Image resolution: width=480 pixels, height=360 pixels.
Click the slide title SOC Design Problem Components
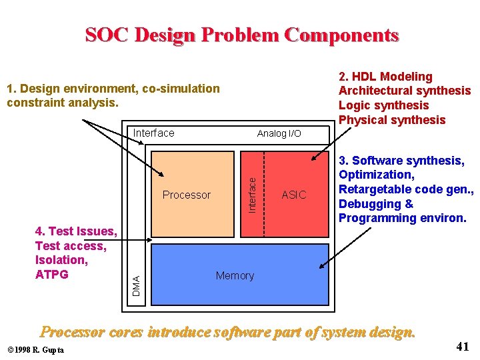(x=241, y=35)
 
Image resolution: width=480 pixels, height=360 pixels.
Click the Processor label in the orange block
(x=186, y=195)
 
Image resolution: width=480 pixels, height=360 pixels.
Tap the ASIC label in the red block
(x=294, y=195)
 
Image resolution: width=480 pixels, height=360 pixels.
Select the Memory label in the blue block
(x=235, y=275)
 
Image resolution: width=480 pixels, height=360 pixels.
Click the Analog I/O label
(x=279, y=133)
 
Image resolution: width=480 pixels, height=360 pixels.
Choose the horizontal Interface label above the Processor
(x=153, y=133)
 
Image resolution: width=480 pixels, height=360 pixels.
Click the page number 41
(x=463, y=346)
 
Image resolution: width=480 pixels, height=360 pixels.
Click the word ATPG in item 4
(x=52, y=274)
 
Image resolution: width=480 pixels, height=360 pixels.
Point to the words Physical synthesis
(x=391, y=120)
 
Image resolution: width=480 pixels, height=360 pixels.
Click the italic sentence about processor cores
(x=228, y=331)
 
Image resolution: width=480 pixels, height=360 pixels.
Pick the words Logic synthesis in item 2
(x=383, y=105)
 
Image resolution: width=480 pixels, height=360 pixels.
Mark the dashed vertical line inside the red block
(x=265, y=194)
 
